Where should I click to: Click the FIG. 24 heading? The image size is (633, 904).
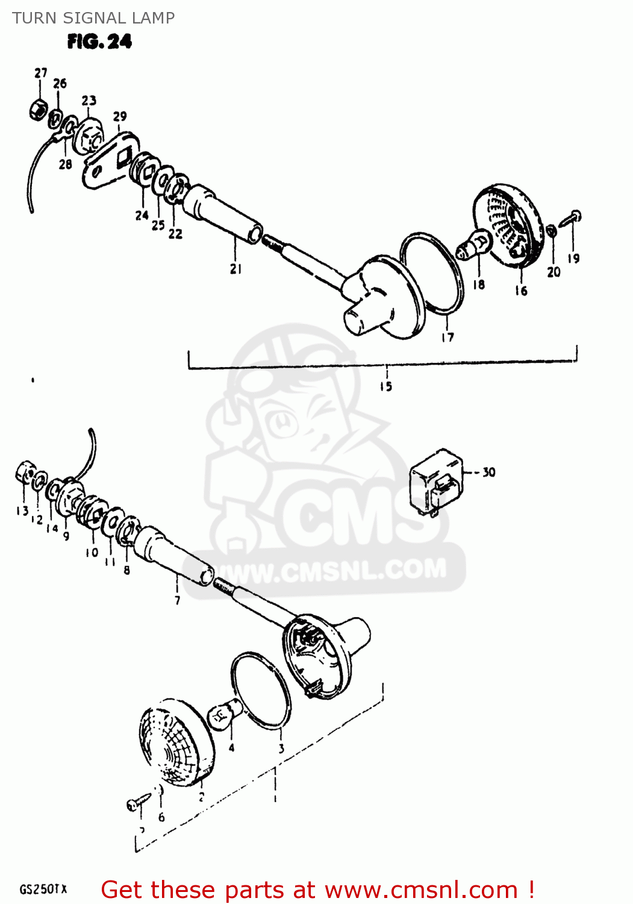coord(99,42)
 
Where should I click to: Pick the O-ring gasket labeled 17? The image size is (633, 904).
coord(432,273)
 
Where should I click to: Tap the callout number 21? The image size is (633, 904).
coord(235,269)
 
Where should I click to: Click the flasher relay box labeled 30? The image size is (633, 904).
coord(437,482)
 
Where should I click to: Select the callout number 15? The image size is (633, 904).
coord(386,386)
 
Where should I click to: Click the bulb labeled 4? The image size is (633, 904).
coord(224,716)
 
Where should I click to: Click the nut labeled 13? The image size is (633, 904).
coord(24,472)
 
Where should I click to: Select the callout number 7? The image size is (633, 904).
coord(177,600)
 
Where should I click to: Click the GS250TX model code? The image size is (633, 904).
coord(43,890)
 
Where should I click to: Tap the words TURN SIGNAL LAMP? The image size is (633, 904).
coord(93,18)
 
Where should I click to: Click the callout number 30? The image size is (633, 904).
coord(488,472)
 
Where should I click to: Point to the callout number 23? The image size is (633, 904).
coord(89,100)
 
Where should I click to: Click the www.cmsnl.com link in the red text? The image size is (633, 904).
coord(421,890)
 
